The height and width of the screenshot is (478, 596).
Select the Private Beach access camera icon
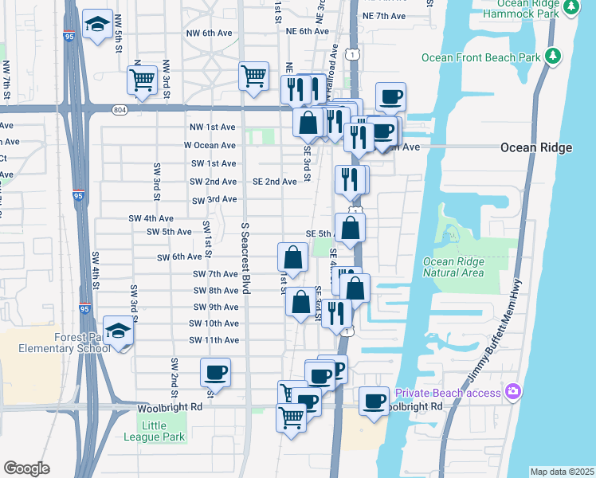point(512,392)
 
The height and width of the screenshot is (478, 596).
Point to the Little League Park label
point(155,431)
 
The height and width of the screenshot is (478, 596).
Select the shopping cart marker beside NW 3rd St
point(142,79)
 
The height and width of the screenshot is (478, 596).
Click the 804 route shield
point(120,109)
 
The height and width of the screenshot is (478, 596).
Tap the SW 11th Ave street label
point(214,340)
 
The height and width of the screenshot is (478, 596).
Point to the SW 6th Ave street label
point(179,257)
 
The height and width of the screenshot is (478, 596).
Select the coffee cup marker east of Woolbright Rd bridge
point(373,401)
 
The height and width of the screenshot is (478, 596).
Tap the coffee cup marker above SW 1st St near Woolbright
point(215,372)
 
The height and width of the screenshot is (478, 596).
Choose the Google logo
point(26,468)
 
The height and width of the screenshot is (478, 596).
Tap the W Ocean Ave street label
point(210,146)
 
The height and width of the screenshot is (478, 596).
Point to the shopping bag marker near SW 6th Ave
point(292,257)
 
